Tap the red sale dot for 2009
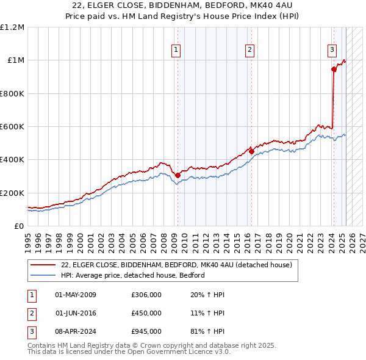coord(178,175)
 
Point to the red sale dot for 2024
coord(334,70)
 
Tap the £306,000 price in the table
coord(146,295)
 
